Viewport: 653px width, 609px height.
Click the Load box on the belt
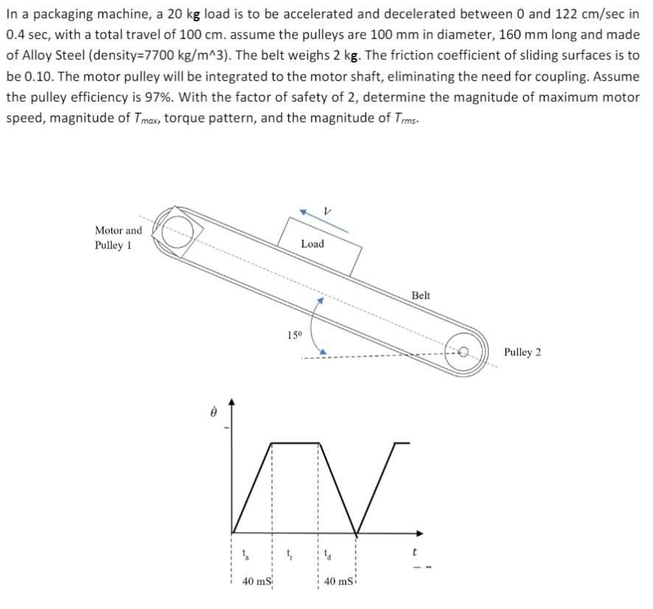pyautogui.click(x=319, y=244)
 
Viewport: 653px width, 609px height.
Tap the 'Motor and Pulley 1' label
pyautogui.click(x=118, y=238)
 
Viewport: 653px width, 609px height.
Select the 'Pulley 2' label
pyautogui.click(x=523, y=352)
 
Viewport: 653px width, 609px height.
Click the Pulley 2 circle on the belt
pyautogui.click(x=465, y=352)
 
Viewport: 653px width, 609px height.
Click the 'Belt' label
pyautogui.click(x=420, y=295)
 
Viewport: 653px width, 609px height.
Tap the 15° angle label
pyautogui.click(x=294, y=335)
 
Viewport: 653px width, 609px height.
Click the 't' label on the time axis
pyautogui.click(x=415, y=551)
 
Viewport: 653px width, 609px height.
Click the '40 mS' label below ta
pyautogui.click(x=258, y=582)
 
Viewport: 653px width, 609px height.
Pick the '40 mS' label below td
pyautogui.click(x=339, y=582)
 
